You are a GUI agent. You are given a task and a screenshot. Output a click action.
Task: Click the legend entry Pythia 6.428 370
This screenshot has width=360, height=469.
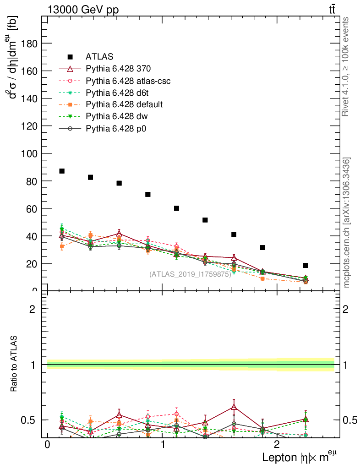pos(118,69)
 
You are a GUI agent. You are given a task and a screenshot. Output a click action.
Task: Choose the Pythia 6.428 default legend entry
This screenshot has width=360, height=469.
pos(124,104)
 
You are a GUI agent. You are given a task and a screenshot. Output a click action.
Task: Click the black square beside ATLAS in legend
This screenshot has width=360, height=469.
pos(71,57)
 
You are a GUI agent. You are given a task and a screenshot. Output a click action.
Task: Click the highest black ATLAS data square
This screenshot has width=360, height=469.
pos(62,171)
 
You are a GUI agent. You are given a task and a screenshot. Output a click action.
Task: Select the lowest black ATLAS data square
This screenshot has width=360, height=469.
pos(305,265)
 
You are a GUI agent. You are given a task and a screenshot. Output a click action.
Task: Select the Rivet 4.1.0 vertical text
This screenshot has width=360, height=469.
pos(346,66)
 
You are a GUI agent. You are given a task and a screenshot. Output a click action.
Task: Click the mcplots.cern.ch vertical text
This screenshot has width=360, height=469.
pos(347,222)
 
